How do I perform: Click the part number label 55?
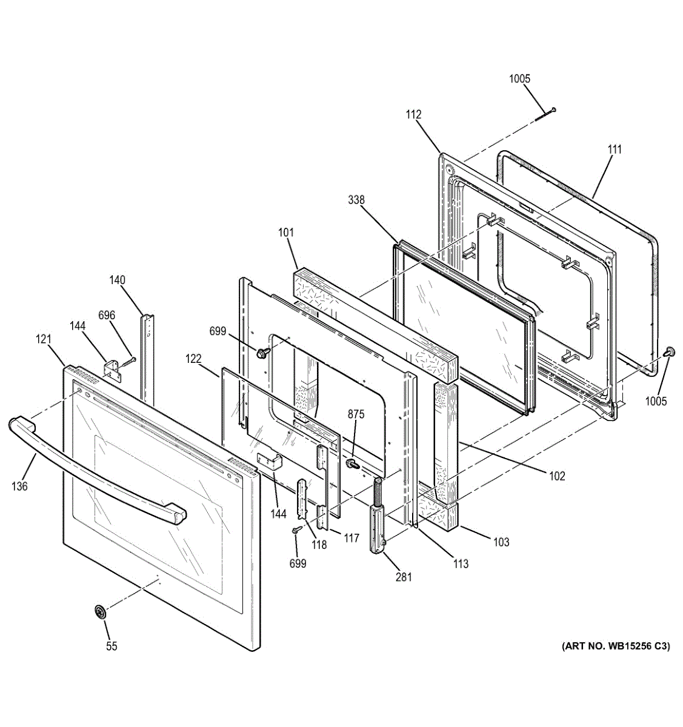(112, 646)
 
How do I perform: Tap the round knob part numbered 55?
(100, 612)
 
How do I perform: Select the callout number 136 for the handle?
(20, 485)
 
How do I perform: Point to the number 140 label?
(117, 280)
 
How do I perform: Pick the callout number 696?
(107, 315)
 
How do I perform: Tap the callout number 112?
(414, 115)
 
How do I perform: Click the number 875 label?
(356, 414)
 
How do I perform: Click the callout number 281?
(404, 577)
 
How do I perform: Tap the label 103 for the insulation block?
(501, 542)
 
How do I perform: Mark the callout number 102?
(557, 476)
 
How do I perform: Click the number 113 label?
(461, 563)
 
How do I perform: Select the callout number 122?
(194, 359)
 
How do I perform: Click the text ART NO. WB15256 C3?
(616, 646)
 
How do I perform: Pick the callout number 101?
(286, 232)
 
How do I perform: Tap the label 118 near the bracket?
(319, 545)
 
